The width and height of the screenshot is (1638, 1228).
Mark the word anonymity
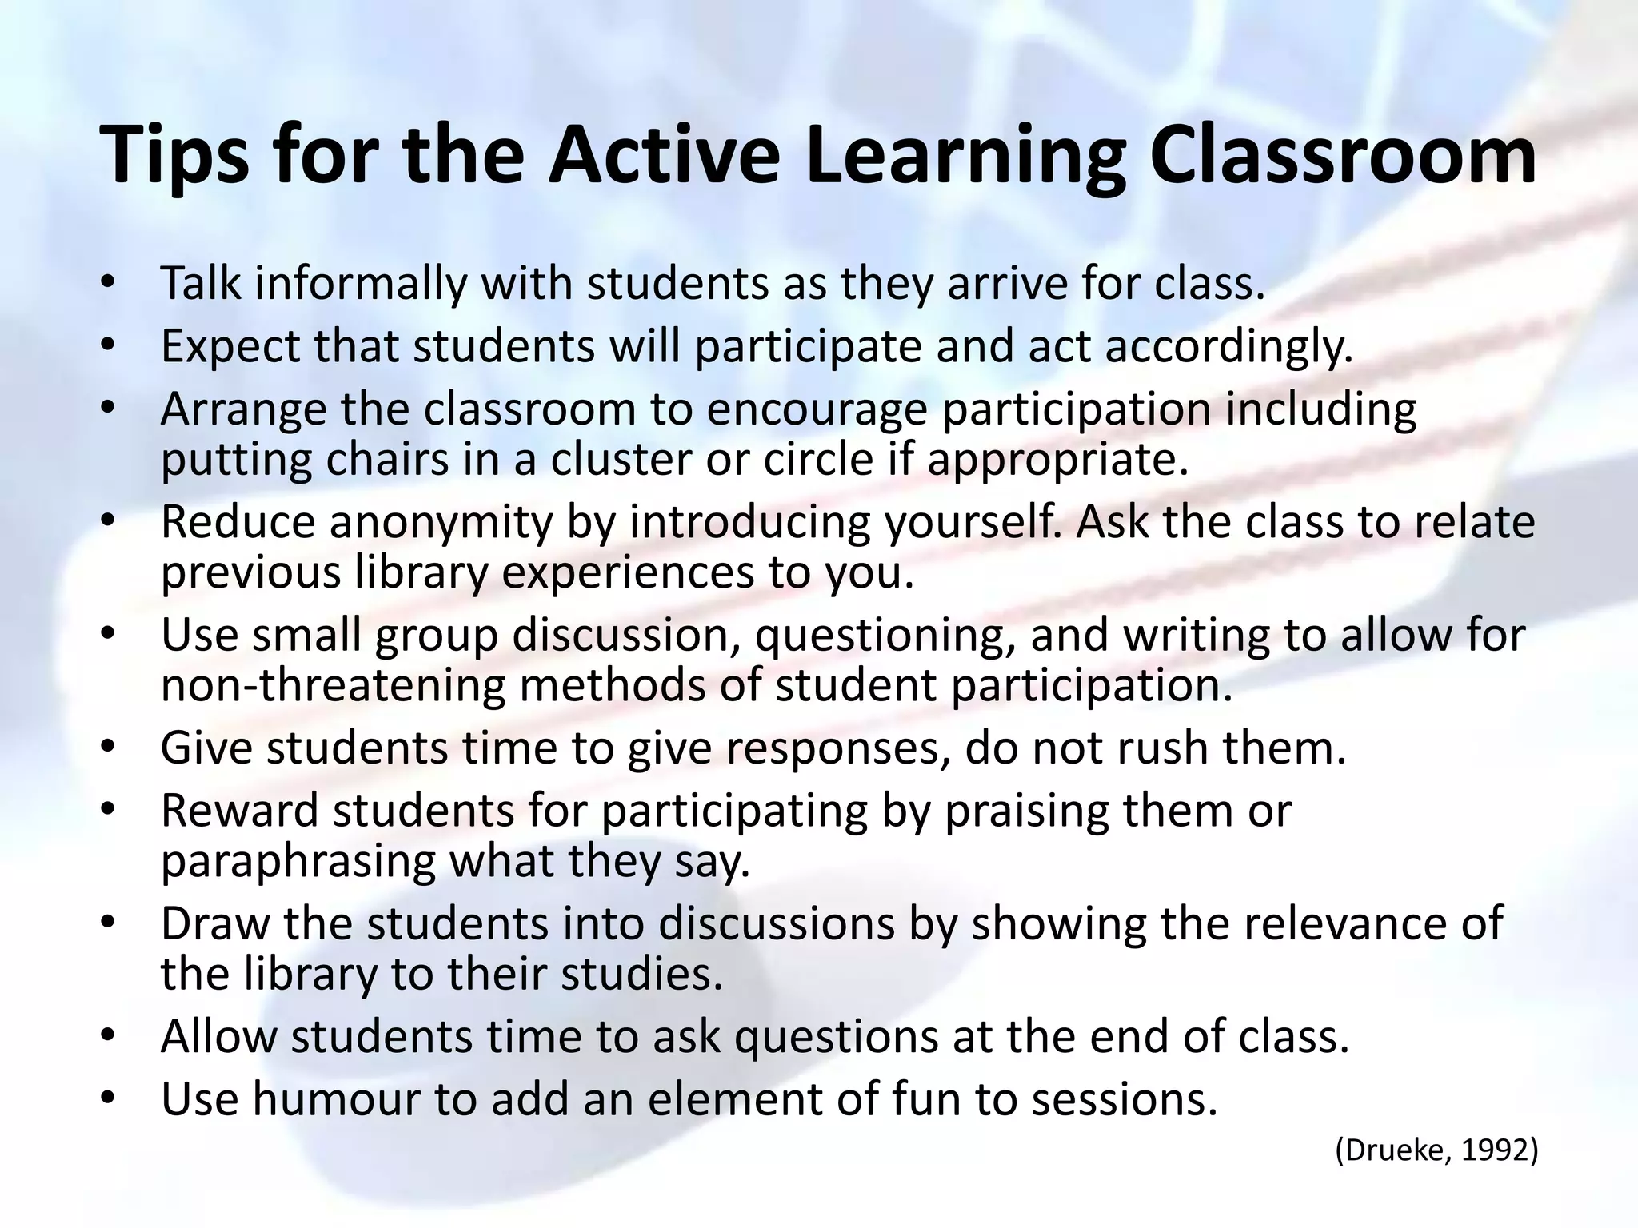click(x=441, y=522)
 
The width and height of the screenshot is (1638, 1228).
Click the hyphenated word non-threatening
click(x=333, y=685)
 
